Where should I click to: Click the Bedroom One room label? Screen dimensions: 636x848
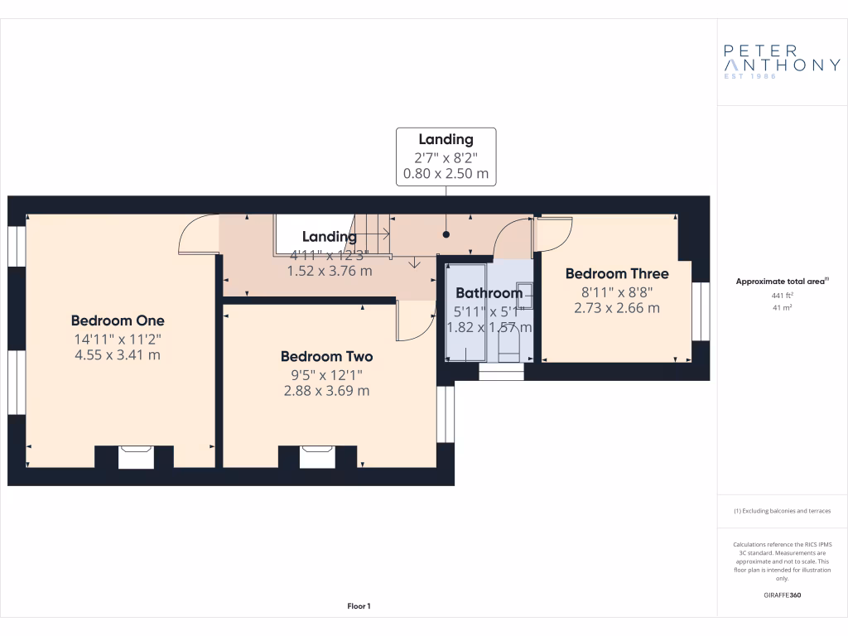(x=118, y=320)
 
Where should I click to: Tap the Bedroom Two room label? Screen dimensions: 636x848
(x=326, y=356)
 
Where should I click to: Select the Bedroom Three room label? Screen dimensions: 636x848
(x=617, y=273)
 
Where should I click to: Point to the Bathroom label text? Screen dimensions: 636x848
(x=489, y=292)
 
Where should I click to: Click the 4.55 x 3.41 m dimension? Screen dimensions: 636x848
(x=118, y=355)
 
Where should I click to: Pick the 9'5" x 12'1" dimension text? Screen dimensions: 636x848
(x=326, y=374)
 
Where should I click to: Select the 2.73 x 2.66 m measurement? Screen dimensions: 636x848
(x=617, y=308)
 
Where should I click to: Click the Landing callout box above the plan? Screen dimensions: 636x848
(x=446, y=157)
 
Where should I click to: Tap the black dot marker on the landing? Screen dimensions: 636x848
(x=446, y=234)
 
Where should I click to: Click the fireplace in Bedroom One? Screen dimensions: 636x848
(x=136, y=457)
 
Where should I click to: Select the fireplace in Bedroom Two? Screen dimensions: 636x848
(x=317, y=457)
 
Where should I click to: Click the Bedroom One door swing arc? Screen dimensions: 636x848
(x=197, y=234)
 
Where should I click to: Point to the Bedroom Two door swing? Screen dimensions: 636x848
(x=416, y=320)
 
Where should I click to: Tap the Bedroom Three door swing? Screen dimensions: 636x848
(x=553, y=234)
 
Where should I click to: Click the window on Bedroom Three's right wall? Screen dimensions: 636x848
(x=701, y=311)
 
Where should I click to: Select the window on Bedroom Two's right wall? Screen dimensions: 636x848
(x=446, y=413)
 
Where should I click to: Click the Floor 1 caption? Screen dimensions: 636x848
(x=359, y=606)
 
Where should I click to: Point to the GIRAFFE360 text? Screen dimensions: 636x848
(x=782, y=595)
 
